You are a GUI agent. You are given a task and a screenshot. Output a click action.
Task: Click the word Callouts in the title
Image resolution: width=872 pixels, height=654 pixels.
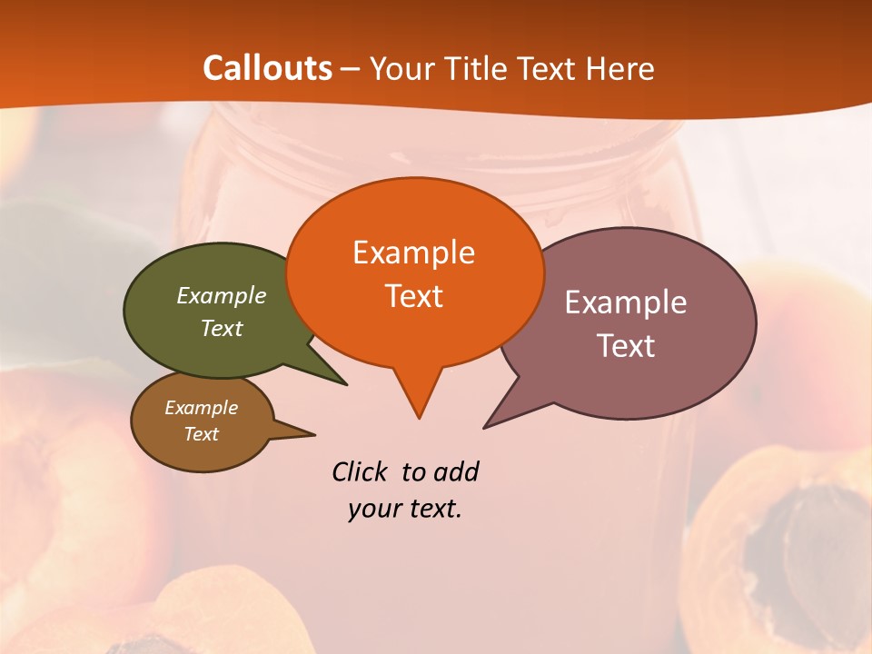point(267,68)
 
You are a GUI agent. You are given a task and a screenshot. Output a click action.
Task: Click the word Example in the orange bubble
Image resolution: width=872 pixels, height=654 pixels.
point(413,253)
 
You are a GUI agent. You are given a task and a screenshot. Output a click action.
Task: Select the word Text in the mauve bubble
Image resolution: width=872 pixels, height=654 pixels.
point(626,346)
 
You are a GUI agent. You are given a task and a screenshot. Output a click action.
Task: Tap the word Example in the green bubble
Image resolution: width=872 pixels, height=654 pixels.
point(222,295)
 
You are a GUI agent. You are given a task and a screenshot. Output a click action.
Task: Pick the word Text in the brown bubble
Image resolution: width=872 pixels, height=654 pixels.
point(202,434)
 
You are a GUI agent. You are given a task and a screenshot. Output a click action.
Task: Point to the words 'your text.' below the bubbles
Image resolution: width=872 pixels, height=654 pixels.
point(405,509)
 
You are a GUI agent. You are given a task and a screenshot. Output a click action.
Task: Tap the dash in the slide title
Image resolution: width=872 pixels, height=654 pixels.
point(352,68)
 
